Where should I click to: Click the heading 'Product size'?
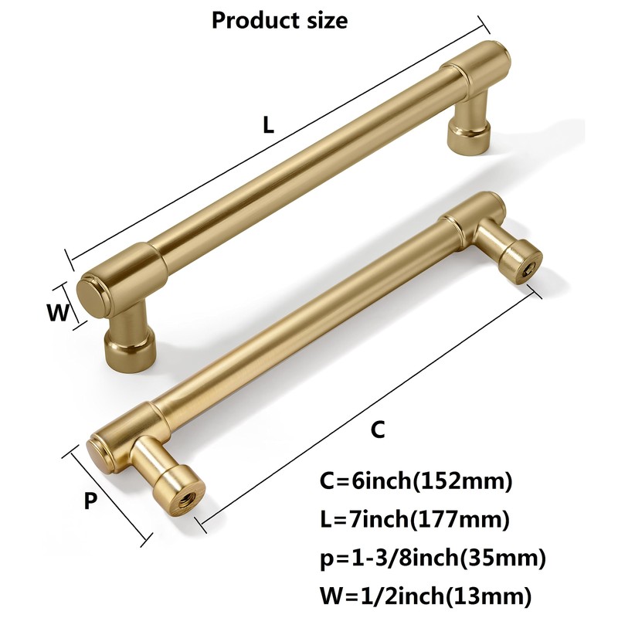pyautogui.click(x=280, y=20)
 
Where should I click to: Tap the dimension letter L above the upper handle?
pyautogui.click(x=268, y=126)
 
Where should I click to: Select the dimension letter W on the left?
pyautogui.click(x=57, y=312)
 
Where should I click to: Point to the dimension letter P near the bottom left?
pyautogui.click(x=90, y=501)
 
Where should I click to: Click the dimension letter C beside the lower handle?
pyautogui.click(x=377, y=430)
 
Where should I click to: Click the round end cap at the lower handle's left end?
pyautogui.click(x=101, y=460)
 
